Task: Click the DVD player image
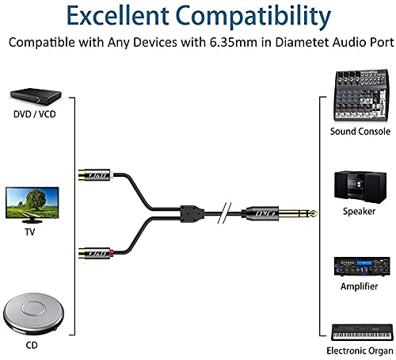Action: [x=36, y=97]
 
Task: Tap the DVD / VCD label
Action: [x=35, y=114]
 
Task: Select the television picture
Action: [x=32, y=205]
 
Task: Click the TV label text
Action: [x=30, y=232]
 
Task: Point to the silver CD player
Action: [x=33, y=312]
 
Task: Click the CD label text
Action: [x=32, y=345]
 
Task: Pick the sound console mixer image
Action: [x=360, y=95]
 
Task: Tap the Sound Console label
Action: [x=360, y=132]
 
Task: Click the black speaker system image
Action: [x=360, y=187]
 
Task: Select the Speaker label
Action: [x=359, y=211]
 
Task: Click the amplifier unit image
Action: [x=362, y=266]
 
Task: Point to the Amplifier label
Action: [x=359, y=286]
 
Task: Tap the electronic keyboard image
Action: [x=362, y=332]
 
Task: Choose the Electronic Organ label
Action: [x=360, y=350]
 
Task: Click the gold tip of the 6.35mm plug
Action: [x=314, y=213]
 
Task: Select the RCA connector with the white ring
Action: [x=96, y=174]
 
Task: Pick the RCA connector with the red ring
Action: [x=96, y=254]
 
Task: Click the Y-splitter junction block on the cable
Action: [x=192, y=213]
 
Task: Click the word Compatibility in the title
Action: [x=253, y=16]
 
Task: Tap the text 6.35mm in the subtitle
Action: [x=234, y=42]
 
